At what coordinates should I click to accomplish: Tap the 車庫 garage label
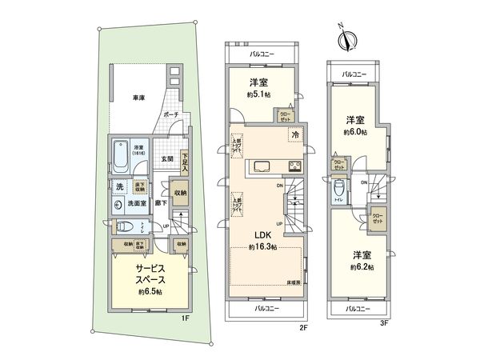[x=138, y=98]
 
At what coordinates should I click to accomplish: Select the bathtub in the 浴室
[x=121, y=154]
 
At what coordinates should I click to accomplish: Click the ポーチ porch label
[x=170, y=115]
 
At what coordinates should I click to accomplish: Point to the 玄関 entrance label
[x=166, y=158]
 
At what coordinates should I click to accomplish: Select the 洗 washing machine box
[x=118, y=187]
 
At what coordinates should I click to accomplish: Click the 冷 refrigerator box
[x=295, y=135]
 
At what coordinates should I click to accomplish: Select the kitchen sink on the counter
[x=263, y=166]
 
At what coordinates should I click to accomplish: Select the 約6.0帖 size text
[x=354, y=131]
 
